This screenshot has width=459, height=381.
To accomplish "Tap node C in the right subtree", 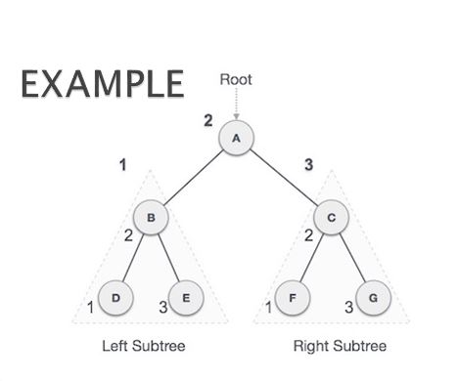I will (x=332, y=218).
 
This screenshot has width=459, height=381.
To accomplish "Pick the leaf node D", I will (x=115, y=297).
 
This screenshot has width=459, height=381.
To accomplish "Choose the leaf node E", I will (x=185, y=297).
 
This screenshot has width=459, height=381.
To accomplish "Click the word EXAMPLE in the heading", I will (x=102, y=85).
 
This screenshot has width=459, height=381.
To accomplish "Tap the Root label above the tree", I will (x=236, y=80).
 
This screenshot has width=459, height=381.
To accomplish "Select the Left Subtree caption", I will (x=144, y=346).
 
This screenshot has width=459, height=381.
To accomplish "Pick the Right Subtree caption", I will (x=340, y=346).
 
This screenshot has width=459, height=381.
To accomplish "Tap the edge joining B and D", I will (x=134, y=257).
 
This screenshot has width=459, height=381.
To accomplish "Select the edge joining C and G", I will (x=351, y=257).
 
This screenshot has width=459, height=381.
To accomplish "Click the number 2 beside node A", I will (x=207, y=121).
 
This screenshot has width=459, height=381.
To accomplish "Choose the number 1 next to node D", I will (x=91, y=309).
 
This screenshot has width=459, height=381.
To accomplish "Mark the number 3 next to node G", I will (x=346, y=309).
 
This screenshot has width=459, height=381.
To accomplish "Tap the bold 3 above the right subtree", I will (x=308, y=165).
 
